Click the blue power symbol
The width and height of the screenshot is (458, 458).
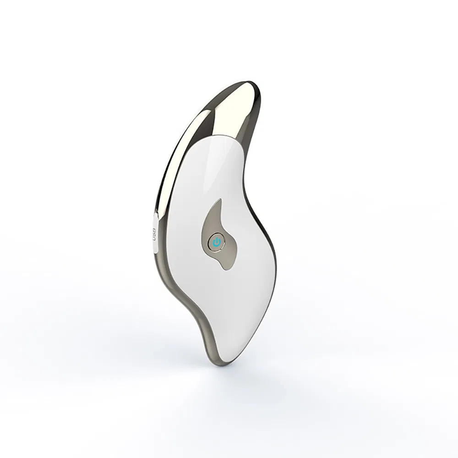click(217, 242)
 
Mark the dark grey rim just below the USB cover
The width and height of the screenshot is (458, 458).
click(158, 263)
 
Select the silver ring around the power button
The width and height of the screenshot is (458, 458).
click(212, 242)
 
